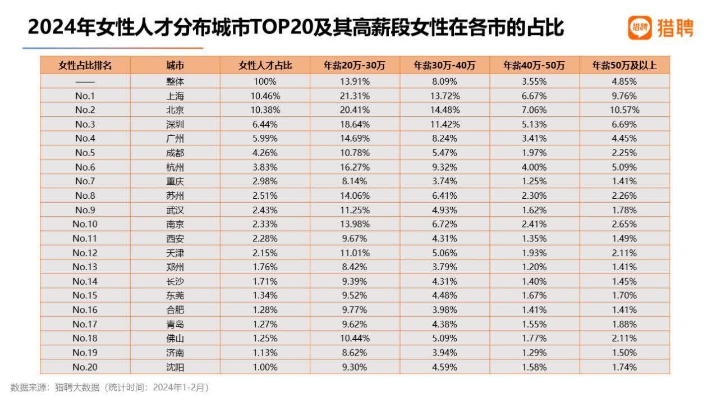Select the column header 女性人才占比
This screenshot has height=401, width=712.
(x=265, y=65)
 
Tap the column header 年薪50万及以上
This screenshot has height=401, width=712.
(x=624, y=65)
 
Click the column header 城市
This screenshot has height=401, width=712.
(x=175, y=65)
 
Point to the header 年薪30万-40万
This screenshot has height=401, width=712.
(x=444, y=65)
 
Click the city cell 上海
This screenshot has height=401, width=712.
(x=175, y=95)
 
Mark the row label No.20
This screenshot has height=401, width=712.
(x=85, y=367)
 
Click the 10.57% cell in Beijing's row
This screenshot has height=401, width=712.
(x=624, y=110)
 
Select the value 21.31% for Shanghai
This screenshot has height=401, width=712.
(x=355, y=95)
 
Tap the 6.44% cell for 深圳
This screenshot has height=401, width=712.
(x=265, y=124)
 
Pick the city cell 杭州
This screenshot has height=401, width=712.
(x=175, y=167)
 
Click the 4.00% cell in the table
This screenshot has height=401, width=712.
(x=534, y=167)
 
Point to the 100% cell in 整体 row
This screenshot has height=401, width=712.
(x=265, y=81)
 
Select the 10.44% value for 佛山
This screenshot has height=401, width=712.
(x=355, y=339)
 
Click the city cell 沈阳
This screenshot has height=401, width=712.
(x=175, y=367)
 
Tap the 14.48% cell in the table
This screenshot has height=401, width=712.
(x=444, y=110)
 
